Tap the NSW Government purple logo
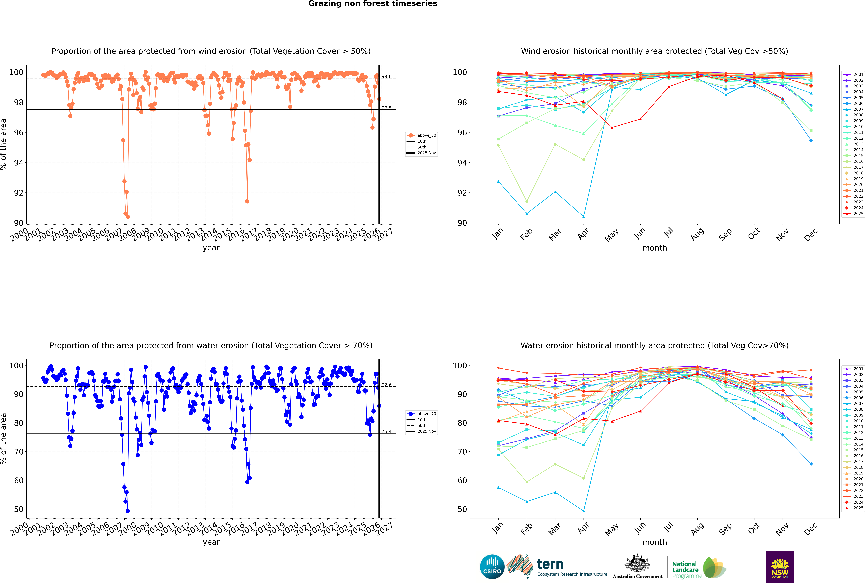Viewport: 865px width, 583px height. coord(780,566)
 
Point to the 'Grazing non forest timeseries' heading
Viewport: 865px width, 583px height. coord(373,4)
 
